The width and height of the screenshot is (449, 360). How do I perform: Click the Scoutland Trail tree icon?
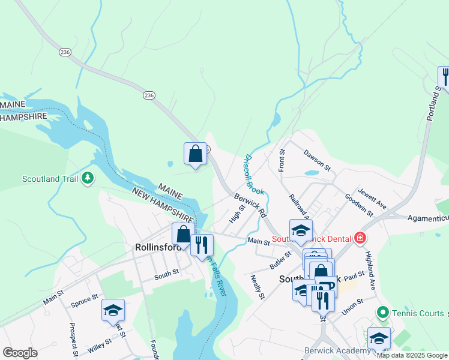[88, 178]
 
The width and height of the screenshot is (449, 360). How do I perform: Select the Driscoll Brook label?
[254, 173]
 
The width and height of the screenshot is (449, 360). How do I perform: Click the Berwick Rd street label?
[250, 204]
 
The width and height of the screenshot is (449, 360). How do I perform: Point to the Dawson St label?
[317, 160]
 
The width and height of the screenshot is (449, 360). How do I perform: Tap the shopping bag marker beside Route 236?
[196, 154]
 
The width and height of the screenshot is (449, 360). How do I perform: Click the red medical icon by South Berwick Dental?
[360, 238]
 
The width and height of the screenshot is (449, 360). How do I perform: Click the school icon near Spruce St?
[113, 310]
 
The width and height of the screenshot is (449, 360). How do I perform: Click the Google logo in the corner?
[20, 352]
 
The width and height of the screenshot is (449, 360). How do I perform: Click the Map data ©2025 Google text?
[412, 355]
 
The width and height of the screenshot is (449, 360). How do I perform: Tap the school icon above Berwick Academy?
[378, 338]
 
